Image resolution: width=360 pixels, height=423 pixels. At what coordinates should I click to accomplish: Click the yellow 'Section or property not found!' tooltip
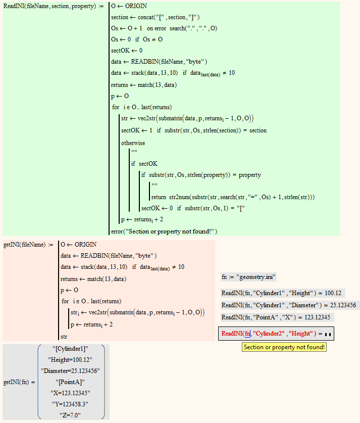(x=284, y=347)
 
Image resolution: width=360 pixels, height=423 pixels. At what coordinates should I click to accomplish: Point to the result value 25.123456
(x=341, y=305)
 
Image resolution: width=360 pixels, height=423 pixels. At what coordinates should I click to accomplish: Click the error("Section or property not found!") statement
(x=164, y=231)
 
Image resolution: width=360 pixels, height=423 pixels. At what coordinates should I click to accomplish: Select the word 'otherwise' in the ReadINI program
(x=133, y=143)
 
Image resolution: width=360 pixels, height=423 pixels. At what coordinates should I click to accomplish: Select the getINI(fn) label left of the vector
(x=16, y=382)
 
